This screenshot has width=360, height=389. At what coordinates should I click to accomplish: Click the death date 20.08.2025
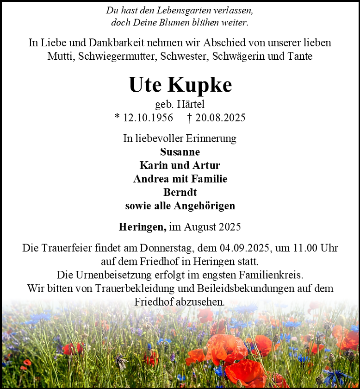click(220, 118)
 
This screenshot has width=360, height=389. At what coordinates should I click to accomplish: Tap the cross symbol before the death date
click(190, 118)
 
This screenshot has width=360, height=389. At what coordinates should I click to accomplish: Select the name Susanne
click(180, 152)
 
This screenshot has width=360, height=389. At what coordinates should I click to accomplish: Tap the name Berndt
click(180, 192)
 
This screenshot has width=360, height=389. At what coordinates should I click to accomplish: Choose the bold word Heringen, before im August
click(142, 227)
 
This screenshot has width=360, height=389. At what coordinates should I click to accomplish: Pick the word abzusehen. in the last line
click(202, 301)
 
